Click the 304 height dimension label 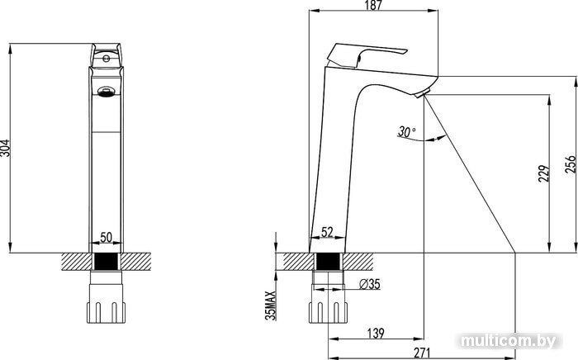(5, 148)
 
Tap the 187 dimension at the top (373, 5)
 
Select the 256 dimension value (571, 164)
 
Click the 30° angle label (406, 131)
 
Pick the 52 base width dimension (327, 232)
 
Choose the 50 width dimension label (106, 237)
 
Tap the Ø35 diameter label (369, 284)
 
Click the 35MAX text (271, 306)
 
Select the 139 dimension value (376, 333)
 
